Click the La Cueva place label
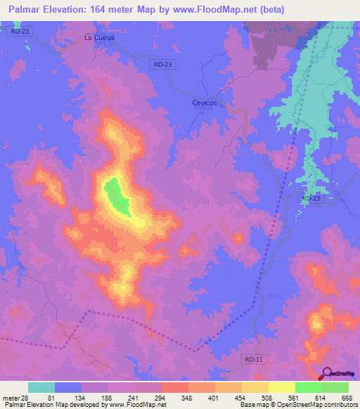(98, 37)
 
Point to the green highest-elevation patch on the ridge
(116, 195)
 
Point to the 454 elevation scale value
(241, 397)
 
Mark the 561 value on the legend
(295, 397)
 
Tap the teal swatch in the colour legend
(41, 387)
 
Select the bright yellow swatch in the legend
(281, 387)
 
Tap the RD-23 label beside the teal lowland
(310, 199)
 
